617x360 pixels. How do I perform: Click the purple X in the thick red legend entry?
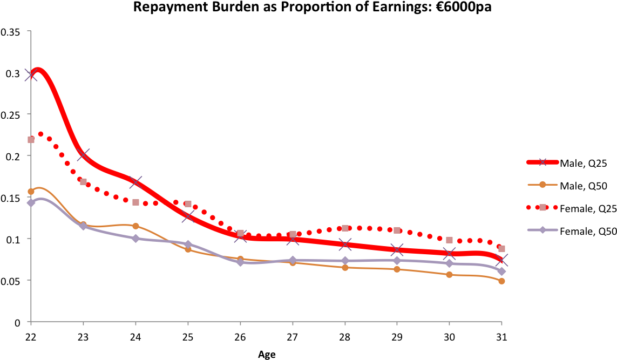click(x=543, y=162)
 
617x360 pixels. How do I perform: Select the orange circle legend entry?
click(x=543, y=185)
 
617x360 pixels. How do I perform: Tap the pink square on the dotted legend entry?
click(x=543, y=207)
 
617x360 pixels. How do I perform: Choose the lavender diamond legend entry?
click(x=543, y=230)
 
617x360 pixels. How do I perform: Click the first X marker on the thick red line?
click(x=31, y=75)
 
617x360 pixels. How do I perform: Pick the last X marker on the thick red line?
click(x=501, y=260)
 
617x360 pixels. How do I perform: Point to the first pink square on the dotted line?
click(x=31, y=139)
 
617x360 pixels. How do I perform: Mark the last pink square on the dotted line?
click(x=501, y=249)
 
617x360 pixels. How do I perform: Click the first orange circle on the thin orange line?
click(x=31, y=192)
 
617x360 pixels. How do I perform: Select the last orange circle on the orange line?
click(x=501, y=281)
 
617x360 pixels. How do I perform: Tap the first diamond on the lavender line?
click(x=31, y=202)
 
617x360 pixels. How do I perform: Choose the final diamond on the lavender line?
click(x=501, y=271)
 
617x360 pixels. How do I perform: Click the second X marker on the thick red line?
click(x=83, y=155)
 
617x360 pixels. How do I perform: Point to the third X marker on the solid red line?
click(x=135, y=182)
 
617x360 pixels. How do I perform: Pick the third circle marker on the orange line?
click(x=135, y=226)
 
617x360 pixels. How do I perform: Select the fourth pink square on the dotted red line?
click(x=188, y=203)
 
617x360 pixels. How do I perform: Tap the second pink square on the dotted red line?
click(x=83, y=182)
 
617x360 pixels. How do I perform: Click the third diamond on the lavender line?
click(x=135, y=239)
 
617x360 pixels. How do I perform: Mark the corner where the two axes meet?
click(x=31, y=322)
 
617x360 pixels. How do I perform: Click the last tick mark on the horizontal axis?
click(x=501, y=323)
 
